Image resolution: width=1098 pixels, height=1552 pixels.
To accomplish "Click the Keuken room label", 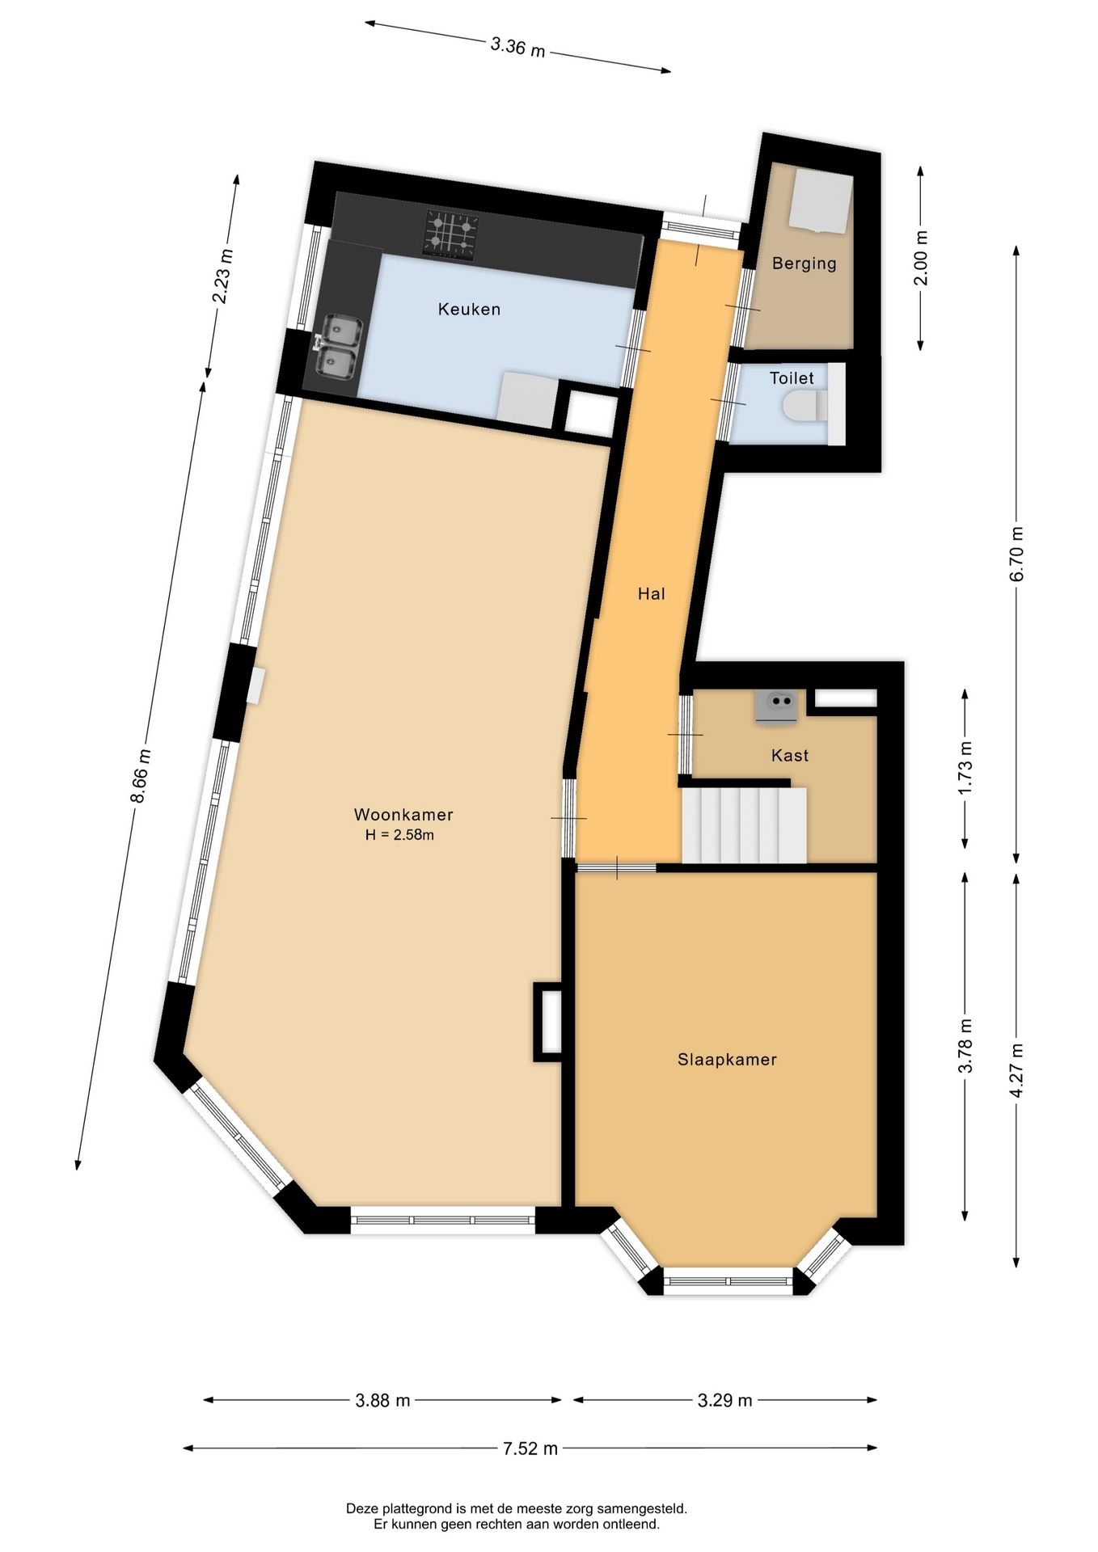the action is (x=469, y=309).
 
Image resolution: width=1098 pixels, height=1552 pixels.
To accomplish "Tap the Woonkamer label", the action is (x=403, y=815).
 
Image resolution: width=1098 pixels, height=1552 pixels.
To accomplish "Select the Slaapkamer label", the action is (x=727, y=1060).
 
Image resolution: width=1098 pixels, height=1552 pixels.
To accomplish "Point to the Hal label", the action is (x=651, y=594).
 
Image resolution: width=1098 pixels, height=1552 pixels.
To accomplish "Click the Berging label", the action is (x=804, y=264).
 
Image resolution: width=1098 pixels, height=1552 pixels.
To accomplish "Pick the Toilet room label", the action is (x=792, y=378).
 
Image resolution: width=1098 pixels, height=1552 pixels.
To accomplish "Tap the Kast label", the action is (x=790, y=756).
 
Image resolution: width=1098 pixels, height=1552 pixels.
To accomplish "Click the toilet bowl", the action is (x=804, y=405).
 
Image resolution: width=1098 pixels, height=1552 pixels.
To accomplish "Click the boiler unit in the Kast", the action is (x=776, y=705).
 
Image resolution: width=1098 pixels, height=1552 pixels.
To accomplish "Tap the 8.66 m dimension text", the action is (x=141, y=776).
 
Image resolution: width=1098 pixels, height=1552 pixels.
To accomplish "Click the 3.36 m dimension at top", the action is (x=517, y=47).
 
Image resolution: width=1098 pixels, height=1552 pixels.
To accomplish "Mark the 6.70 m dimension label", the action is (x=1017, y=554).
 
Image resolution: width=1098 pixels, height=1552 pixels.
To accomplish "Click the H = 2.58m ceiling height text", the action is (x=399, y=835).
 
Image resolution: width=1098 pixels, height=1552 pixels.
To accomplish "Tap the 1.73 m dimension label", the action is (x=965, y=768).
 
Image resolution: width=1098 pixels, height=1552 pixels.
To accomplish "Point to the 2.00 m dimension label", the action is (x=921, y=258).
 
